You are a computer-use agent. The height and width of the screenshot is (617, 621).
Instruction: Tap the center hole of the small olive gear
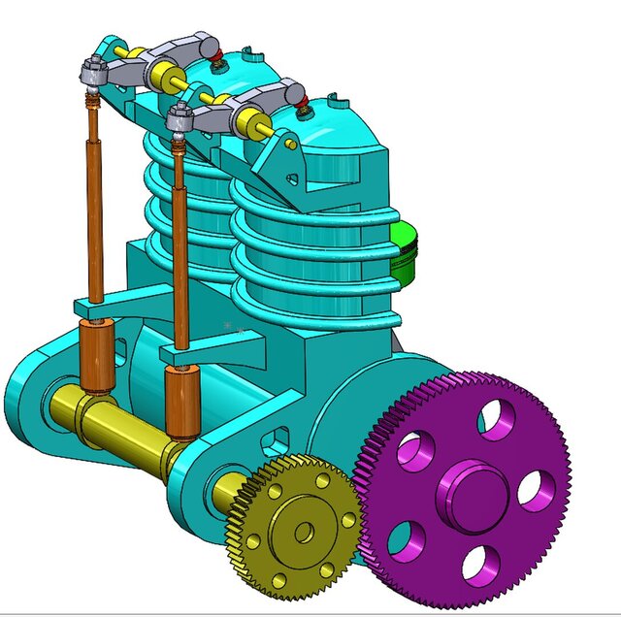click(304, 531)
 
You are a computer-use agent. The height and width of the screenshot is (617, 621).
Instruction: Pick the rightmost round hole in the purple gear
click(536, 490)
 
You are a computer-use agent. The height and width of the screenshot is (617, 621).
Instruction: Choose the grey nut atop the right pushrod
click(178, 117)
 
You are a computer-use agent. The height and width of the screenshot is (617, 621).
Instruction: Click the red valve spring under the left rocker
click(219, 55)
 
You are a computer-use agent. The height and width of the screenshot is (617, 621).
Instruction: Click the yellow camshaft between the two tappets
click(131, 416)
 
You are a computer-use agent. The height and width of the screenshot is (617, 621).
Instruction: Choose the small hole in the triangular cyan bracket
click(290, 145)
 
